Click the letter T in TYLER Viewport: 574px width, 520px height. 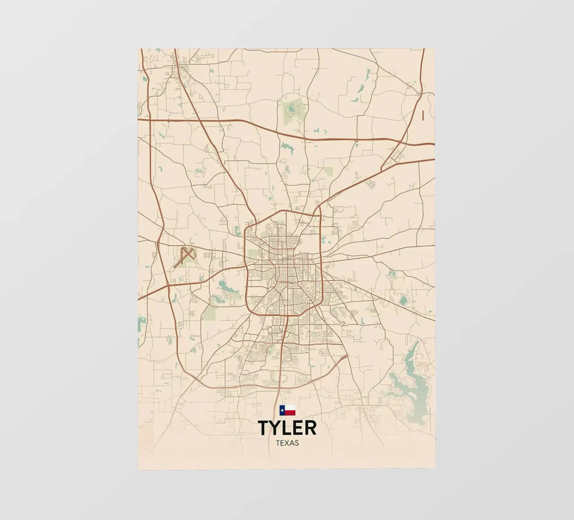[264, 428]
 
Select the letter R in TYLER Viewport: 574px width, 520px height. [310, 428]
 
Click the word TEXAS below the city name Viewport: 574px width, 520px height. [287, 443]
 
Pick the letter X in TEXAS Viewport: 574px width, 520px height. [287, 443]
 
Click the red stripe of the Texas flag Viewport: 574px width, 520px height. [290, 413]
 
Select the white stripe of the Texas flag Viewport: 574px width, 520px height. [290, 408]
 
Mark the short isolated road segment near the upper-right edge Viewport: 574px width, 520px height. [423, 115]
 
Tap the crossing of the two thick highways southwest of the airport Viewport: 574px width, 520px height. [168, 286]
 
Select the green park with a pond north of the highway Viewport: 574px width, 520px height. [294, 109]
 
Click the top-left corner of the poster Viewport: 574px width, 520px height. [139, 49]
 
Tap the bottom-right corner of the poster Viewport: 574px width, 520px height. [435, 469]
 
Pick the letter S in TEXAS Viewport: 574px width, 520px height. [296, 443]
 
